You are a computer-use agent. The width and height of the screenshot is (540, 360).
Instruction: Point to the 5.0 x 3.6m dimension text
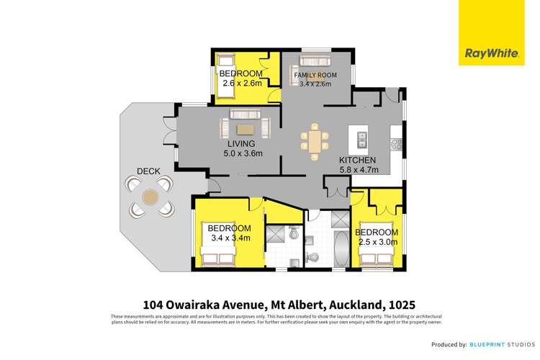243,153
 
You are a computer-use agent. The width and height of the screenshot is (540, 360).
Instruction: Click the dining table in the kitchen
315,138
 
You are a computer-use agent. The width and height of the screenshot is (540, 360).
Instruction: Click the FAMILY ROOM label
312,76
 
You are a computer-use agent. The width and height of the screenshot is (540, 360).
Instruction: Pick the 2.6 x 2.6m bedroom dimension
241,84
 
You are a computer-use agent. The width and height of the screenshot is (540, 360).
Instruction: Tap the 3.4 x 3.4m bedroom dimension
230,238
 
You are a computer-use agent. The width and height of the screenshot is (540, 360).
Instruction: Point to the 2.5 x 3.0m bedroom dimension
377,243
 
